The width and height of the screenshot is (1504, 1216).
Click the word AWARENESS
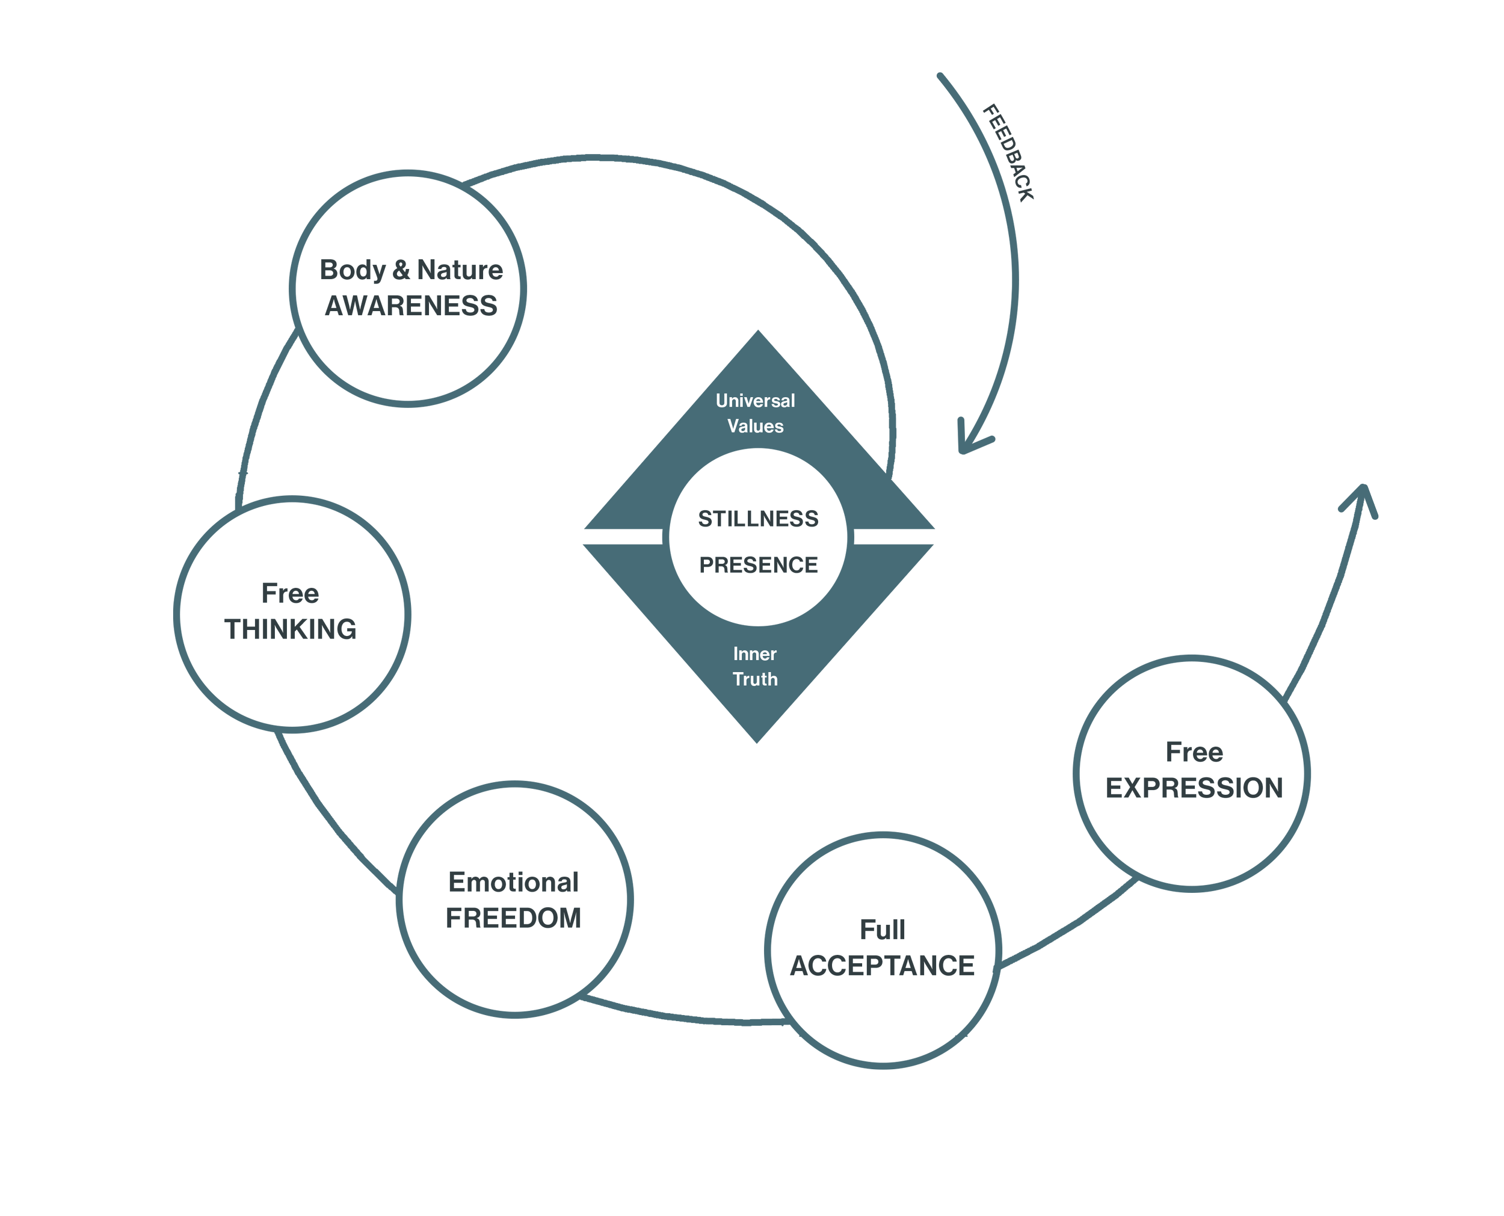click(x=411, y=306)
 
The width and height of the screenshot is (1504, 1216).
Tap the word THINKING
click(x=291, y=629)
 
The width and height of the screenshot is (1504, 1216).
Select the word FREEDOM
click(x=514, y=918)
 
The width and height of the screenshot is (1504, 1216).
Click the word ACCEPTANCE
click(x=882, y=965)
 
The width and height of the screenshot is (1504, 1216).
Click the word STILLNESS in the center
click(x=757, y=519)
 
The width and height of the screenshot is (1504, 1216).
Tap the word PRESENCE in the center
click(x=757, y=564)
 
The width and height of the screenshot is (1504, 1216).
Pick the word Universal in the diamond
click(x=755, y=401)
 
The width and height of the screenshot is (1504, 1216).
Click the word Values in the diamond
click(x=755, y=426)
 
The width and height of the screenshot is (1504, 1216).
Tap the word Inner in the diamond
click(x=755, y=653)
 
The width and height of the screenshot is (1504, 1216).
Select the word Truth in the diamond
click(x=755, y=679)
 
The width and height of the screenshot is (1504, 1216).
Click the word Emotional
click(x=513, y=883)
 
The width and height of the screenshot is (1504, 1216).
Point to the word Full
click(x=882, y=930)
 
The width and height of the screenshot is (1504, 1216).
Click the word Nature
click(x=460, y=270)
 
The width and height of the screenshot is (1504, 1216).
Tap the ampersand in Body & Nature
click(x=401, y=270)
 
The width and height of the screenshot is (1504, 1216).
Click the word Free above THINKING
click(x=290, y=593)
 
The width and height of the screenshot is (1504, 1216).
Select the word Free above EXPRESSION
click(x=1195, y=752)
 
